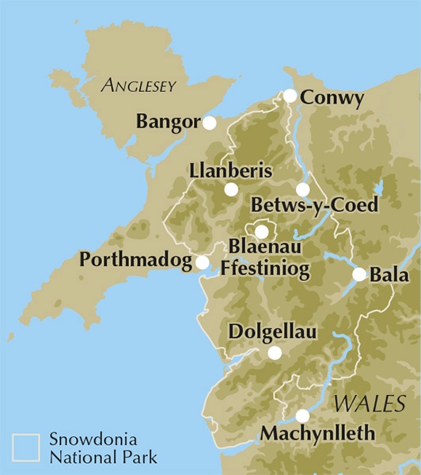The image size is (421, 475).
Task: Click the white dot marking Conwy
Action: [x=290, y=96]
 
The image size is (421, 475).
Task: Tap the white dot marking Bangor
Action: [x=209, y=123]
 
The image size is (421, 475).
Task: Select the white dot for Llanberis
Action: [x=230, y=189]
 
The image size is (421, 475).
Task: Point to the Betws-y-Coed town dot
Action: [x=302, y=189]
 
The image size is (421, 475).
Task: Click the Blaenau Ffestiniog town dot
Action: [x=261, y=231]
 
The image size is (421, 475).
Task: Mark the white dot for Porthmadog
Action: [x=202, y=262]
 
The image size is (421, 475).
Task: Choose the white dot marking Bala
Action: [x=359, y=275]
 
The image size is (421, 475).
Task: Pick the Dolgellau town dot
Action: [x=274, y=353]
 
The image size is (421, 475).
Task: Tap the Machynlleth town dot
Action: [x=302, y=416]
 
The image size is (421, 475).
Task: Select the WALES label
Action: [x=363, y=405]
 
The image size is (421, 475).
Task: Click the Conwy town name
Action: [x=333, y=99]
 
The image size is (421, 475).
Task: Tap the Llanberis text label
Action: [x=231, y=171]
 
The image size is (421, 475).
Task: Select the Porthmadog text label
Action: [x=136, y=260]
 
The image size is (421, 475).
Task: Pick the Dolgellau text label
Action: [x=272, y=333]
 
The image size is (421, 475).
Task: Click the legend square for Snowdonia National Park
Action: [x=25, y=446]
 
